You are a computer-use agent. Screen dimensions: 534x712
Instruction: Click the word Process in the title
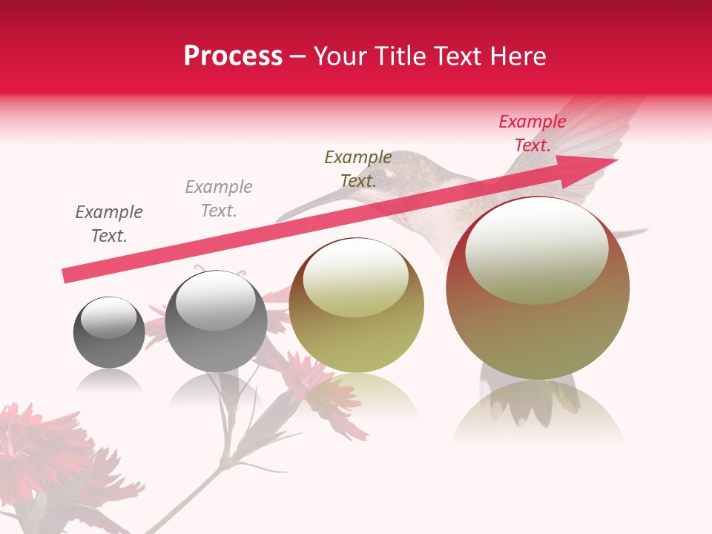(x=233, y=56)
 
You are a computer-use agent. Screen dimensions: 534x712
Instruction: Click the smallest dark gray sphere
(x=109, y=332)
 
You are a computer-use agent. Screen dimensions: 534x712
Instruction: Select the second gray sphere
(x=216, y=322)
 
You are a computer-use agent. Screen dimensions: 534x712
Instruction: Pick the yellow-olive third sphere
(x=356, y=306)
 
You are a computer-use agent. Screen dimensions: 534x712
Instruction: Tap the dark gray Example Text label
(x=109, y=224)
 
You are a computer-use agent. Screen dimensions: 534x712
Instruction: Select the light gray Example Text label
(x=219, y=199)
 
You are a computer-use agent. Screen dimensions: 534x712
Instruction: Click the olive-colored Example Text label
(x=358, y=169)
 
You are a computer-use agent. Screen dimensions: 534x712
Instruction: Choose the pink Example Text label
(x=532, y=133)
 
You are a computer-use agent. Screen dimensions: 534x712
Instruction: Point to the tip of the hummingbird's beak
(x=277, y=220)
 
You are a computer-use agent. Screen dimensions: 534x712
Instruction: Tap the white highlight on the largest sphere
(x=536, y=248)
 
